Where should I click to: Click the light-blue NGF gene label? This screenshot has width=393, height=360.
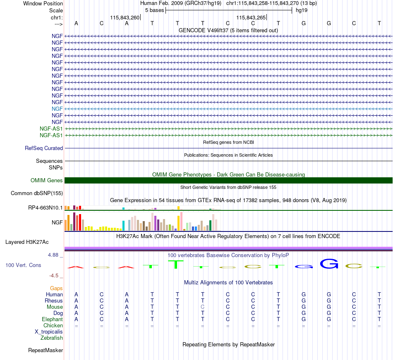(x=57, y=109)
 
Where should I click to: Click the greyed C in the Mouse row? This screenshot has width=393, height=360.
(x=203, y=307)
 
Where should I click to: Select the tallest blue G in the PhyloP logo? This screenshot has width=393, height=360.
(x=329, y=264)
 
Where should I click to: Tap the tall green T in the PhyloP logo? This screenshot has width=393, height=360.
(x=176, y=265)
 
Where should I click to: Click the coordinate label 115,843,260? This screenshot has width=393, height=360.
(x=125, y=17)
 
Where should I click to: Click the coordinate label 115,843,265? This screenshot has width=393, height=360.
(x=251, y=17)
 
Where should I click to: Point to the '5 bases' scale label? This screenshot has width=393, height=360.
(x=154, y=10)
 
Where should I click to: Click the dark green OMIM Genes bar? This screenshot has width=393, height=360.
(x=228, y=181)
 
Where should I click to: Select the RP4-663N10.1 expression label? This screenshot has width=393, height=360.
(x=46, y=208)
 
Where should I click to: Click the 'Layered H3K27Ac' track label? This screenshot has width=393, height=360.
(x=27, y=242)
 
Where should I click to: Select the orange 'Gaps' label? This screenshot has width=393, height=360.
(x=56, y=288)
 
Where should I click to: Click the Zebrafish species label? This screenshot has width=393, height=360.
(x=52, y=338)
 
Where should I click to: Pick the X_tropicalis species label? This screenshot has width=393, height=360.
(x=49, y=332)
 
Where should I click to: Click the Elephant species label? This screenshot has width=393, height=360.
(x=53, y=319)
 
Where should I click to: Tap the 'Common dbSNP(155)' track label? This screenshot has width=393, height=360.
(x=37, y=193)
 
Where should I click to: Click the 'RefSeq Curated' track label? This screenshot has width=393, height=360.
(x=44, y=148)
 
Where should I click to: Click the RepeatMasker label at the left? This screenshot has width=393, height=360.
(x=46, y=350)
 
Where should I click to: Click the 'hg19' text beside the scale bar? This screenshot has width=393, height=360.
(x=302, y=10)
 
